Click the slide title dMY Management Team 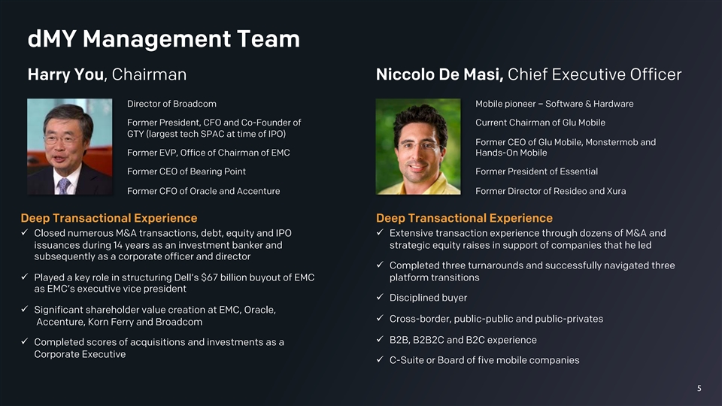(163, 38)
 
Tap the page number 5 (699, 389)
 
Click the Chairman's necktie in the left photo (63, 186)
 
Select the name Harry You (66, 74)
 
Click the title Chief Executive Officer (594, 74)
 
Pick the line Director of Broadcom (171, 104)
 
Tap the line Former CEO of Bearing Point (187, 171)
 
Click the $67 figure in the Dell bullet (209, 277)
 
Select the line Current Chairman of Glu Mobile (540, 123)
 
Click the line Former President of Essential (536, 171)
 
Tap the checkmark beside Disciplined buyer (380, 297)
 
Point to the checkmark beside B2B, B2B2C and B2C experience (380, 339)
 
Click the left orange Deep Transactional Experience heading (108, 218)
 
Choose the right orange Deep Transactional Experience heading (464, 218)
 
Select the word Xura (616, 191)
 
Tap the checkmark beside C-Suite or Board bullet (380, 359)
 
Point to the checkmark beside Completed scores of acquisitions (24, 341)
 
